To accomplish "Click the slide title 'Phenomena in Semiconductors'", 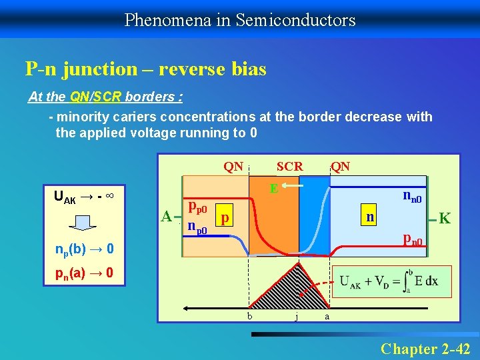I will point(240,20).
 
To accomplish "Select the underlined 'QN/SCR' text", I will point(97,97).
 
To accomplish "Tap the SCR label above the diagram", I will point(289,166).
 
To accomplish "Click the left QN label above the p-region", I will point(233,166).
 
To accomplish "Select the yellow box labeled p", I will point(226,218).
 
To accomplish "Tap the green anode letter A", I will point(167,215).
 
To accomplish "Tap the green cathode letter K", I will point(445,219).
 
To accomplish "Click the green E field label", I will point(273,189).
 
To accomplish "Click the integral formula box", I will point(394,281).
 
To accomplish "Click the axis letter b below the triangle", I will point(249,315).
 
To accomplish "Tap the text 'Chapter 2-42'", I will point(425,349).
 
